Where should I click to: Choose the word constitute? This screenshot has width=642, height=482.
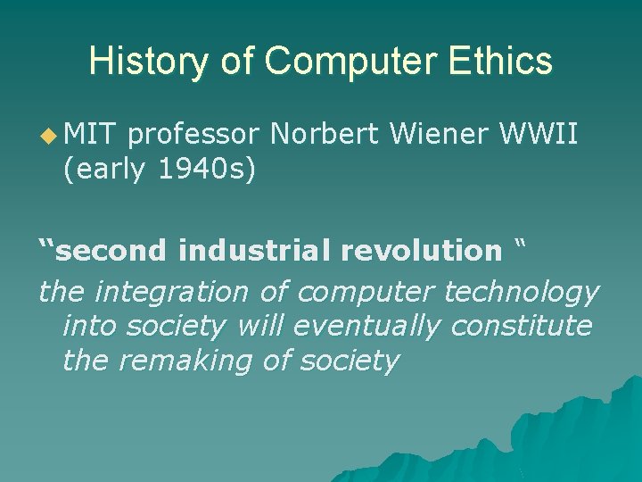521,327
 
